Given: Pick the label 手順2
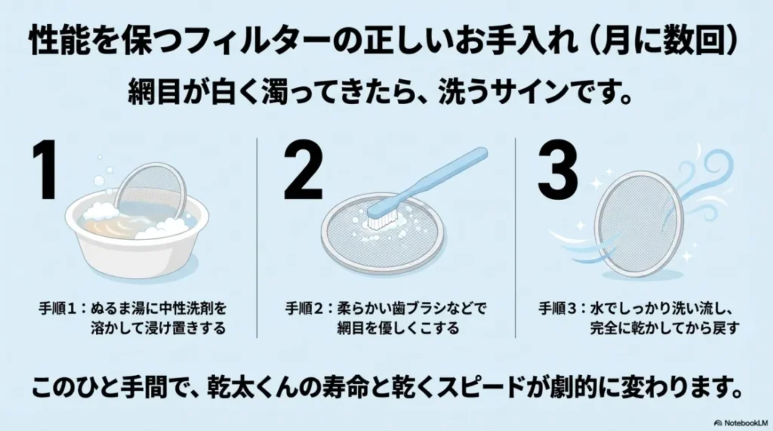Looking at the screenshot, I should [x=307, y=309].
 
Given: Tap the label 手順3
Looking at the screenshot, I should [x=559, y=309].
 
